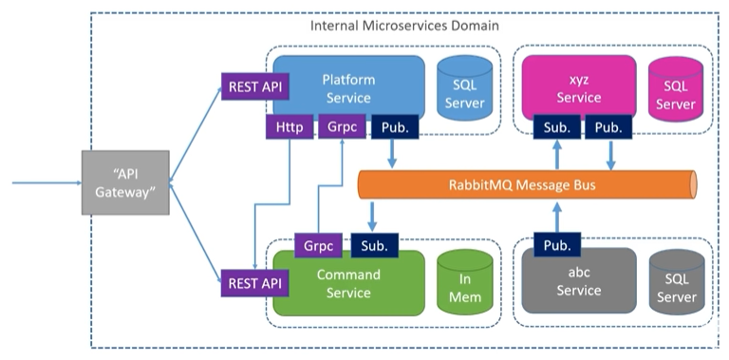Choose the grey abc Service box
(x=579, y=285)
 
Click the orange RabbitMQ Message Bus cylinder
(x=527, y=184)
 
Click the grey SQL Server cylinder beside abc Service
(x=675, y=286)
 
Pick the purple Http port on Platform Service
(x=289, y=127)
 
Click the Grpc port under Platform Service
(x=341, y=127)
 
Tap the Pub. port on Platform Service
(x=395, y=127)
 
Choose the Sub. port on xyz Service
(x=556, y=127)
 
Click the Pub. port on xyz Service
(x=607, y=127)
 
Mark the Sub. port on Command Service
(x=374, y=245)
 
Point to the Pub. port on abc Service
(x=556, y=245)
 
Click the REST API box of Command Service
(x=253, y=283)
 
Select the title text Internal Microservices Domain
(x=404, y=24)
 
